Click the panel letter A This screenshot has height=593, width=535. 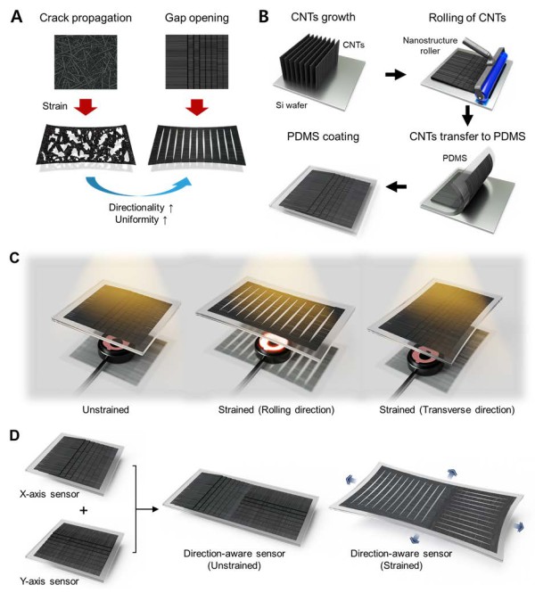(16, 18)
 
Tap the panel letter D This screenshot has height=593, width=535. (14, 435)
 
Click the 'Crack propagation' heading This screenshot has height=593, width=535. (86, 18)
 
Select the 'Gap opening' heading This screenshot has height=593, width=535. (196, 18)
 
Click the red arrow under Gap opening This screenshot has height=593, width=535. (197, 106)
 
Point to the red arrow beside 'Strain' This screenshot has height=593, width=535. (86, 106)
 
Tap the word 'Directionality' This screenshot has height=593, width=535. (136, 207)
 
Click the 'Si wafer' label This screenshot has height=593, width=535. (292, 105)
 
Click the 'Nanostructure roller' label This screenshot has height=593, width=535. (430, 45)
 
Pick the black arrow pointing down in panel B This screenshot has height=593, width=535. (467, 116)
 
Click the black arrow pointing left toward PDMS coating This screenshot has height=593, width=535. (396, 186)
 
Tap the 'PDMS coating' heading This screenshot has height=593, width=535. (323, 136)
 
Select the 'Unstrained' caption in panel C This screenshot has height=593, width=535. (105, 409)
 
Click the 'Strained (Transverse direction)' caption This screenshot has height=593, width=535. (447, 409)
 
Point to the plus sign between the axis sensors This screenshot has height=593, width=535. (84, 510)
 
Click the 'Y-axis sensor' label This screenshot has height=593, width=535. (49, 581)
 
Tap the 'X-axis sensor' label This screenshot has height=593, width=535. (50, 494)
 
